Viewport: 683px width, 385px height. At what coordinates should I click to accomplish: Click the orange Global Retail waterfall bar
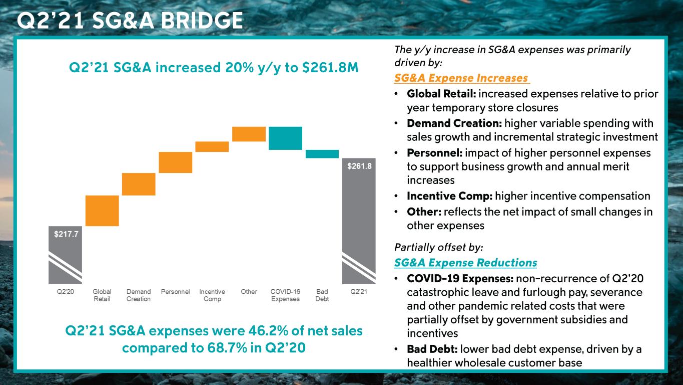pos(102,211)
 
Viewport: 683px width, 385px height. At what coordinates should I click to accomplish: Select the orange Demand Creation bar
pos(139,184)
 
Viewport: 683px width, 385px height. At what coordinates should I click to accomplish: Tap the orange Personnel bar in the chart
pos(175,162)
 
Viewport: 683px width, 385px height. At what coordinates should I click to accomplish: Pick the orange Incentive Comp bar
pos(212,146)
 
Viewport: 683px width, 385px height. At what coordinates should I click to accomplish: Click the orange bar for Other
pos(249,134)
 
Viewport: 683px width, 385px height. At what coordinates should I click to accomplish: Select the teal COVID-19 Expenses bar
pos(285,138)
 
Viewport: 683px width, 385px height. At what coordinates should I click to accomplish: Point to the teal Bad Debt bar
pos(322,154)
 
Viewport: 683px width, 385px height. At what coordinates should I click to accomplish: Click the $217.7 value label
pos(66,234)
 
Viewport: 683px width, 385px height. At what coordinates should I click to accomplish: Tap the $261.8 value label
pos(359,166)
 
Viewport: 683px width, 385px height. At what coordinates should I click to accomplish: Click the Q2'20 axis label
pos(65,292)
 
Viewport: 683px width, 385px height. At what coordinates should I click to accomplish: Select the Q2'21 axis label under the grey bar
pos(358,292)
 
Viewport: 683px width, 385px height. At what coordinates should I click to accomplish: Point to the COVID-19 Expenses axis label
pos(285,295)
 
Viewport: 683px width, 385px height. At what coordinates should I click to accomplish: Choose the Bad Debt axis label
pos(322,295)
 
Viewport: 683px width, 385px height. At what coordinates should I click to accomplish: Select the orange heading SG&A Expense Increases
pos(461,78)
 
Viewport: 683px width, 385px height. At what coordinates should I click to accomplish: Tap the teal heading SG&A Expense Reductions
pos(465,263)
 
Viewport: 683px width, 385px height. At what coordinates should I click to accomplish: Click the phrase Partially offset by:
pos(438,247)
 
